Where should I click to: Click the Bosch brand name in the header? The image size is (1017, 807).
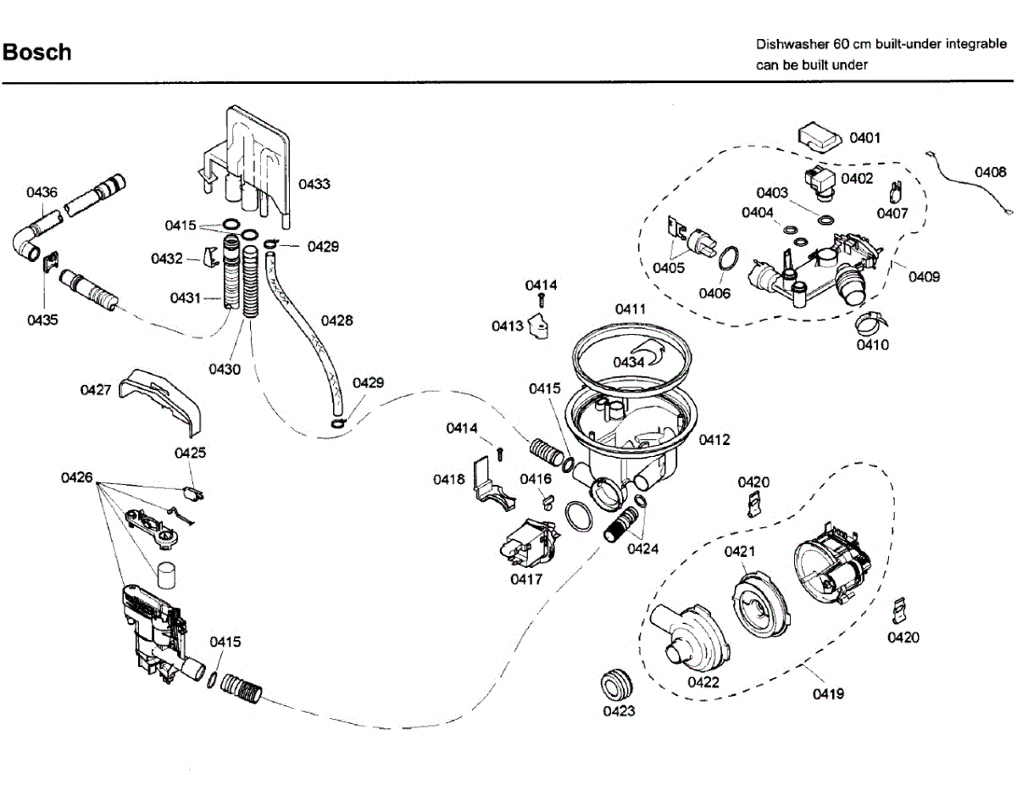37,53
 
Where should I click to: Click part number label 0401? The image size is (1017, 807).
865,137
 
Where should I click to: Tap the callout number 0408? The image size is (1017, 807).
990,172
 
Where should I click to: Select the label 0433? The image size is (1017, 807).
314,184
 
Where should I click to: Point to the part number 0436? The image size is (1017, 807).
42,192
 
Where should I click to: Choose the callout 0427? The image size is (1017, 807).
96,390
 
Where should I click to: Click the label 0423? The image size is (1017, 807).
619,711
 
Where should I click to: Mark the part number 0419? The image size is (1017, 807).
828,694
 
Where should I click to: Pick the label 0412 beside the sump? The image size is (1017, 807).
714,440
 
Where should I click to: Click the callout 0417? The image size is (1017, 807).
526,579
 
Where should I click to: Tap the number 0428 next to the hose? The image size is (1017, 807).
336,320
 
